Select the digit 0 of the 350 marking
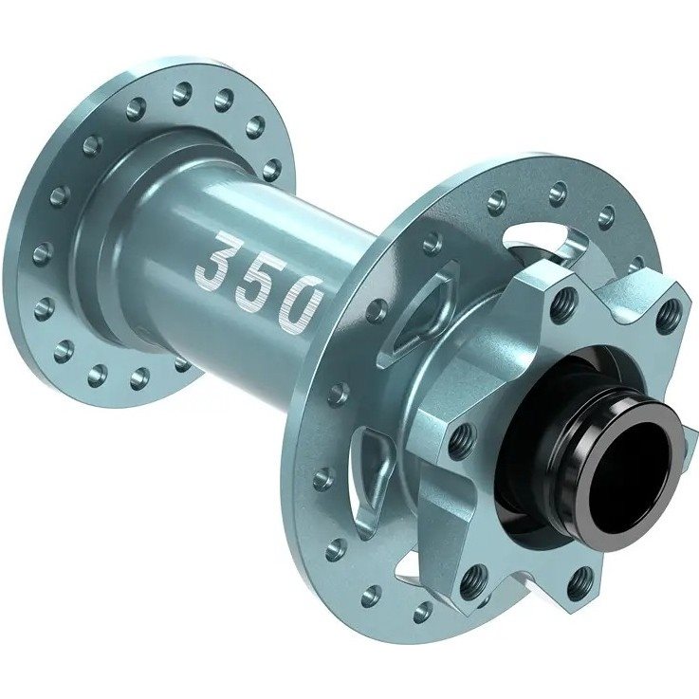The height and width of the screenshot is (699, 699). tap(300, 302)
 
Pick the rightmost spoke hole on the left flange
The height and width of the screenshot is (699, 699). tap(272, 168)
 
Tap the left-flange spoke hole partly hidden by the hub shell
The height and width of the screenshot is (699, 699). tap(182, 363)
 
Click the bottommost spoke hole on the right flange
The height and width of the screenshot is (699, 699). tap(423, 613)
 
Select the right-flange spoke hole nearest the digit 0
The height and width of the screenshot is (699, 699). tap(377, 311)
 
